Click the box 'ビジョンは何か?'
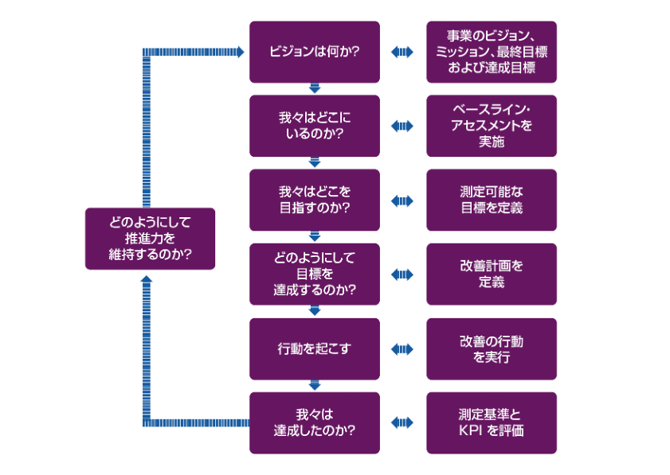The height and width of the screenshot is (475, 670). (x=314, y=53)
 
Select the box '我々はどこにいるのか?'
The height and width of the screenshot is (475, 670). (x=314, y=126)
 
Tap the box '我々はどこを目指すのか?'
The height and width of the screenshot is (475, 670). (x=314, y=201)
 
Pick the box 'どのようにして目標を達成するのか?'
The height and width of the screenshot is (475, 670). (x=314, y=274)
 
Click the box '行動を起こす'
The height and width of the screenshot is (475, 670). (x=314, y=348)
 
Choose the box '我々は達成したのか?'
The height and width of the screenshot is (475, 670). (x=314, y=422)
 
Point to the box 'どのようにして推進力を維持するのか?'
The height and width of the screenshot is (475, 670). (x=150, y=239)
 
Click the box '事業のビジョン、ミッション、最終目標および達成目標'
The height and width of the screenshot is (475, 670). (x=491, y=53)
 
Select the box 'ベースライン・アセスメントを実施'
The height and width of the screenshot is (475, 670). (x=491, y=126)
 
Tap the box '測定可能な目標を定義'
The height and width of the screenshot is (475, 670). (x=491, y=201)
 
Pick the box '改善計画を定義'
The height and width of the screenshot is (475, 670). (x=491, y=274)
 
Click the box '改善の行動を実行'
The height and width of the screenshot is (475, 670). (x=491, y=348)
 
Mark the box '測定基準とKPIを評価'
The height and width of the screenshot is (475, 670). (x=491, y=422)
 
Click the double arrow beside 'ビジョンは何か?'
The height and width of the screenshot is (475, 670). (x=402, y=53)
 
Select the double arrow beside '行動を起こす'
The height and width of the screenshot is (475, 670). (x=402, y=348)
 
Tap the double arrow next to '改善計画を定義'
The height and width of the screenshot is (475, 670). (x=402, y=274)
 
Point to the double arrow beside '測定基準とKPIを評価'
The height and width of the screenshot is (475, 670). (x=402, y=422)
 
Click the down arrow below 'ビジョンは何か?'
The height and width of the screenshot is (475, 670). (x=314, y=88)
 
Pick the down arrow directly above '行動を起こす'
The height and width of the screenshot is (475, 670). (x=314, y=311)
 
